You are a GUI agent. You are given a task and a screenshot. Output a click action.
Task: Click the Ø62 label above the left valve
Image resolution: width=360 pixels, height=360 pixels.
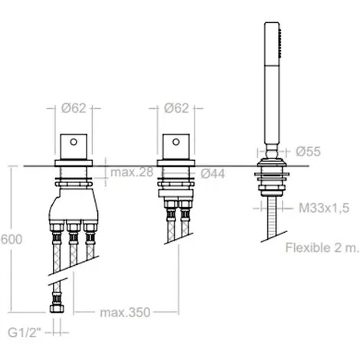[x=74, y=108]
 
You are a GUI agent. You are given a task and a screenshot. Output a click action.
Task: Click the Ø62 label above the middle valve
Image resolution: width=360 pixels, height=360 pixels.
[x=176, y=108]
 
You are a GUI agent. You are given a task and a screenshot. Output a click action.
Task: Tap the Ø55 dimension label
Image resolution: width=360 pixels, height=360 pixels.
[x=308, y=152]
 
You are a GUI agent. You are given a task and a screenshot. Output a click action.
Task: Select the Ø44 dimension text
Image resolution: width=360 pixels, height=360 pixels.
[x=213, y=174]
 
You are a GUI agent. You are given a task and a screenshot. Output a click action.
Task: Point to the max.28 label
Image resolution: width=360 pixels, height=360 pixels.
[x=132, y=172]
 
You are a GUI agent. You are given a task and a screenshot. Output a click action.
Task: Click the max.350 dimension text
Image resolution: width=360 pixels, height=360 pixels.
[x=125, y=313]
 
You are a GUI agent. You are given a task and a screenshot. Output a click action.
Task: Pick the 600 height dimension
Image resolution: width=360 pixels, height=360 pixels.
[x=11, y=240]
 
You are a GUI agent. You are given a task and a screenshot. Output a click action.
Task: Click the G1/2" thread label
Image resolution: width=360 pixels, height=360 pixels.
[x=25, y=332]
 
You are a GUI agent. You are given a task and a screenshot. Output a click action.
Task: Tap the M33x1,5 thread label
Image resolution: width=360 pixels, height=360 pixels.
[x=324, y=208]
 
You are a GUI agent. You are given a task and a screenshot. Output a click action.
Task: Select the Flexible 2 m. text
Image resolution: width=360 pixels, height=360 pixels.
[x=322, y=247]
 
